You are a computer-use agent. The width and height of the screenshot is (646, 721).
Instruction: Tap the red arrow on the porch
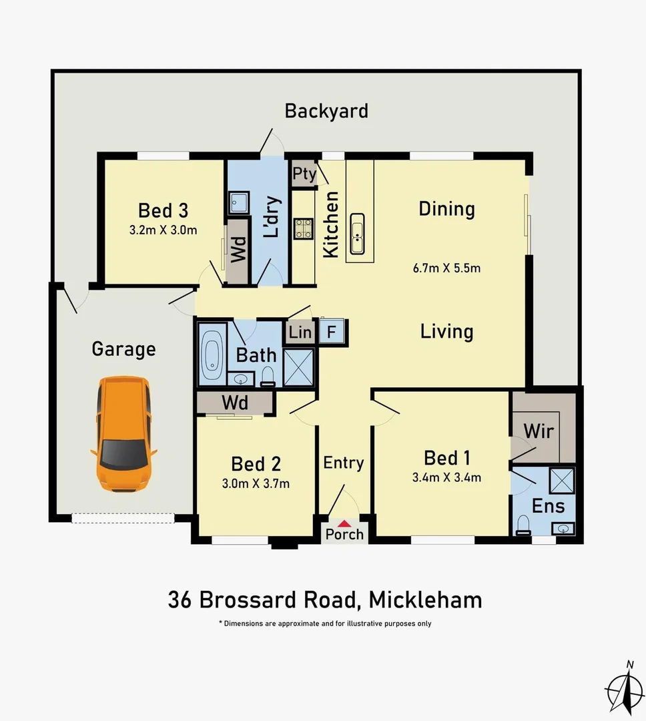344,523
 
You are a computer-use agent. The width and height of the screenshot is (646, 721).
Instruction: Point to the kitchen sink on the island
358,234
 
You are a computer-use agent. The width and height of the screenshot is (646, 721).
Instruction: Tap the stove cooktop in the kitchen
304,229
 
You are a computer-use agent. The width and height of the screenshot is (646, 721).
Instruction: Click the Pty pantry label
304,174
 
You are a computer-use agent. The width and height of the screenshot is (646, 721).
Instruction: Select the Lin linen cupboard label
300,332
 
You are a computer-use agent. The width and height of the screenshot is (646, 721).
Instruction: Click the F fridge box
331,331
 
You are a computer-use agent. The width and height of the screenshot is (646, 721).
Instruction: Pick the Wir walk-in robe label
538,431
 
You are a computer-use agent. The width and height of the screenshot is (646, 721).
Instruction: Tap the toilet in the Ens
524,525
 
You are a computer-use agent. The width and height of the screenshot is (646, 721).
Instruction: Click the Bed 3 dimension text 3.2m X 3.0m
163,230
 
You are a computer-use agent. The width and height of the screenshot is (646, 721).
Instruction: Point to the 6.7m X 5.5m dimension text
446,269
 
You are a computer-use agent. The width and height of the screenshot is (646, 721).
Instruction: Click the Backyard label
326,110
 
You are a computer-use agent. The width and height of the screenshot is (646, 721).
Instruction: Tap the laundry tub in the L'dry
238,202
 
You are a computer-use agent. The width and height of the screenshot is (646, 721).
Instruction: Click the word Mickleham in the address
425,599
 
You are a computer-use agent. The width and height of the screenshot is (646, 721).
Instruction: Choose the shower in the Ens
562,480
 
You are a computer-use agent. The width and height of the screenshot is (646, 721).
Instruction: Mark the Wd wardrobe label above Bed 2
234,403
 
